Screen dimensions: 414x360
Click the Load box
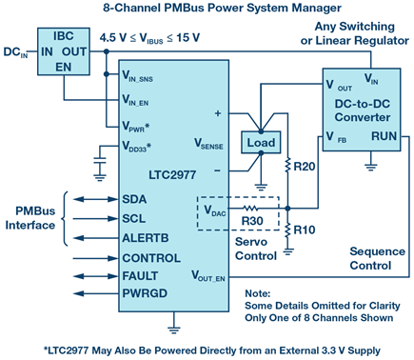click(x=261, y=143)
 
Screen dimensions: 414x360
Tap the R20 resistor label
click(x=305, y=167)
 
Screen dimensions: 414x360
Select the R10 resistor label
click(x=305, y=230)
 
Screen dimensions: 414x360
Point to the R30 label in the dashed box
click(x=252, y=221)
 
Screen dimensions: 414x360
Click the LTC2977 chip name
click(x=172, y=175)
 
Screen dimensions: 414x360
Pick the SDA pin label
click(x=134, y=199)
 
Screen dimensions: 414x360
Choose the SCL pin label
click(x=134, y=219)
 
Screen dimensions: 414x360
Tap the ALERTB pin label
click(x=146, y=238)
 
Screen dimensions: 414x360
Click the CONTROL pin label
click(x=151, y=258)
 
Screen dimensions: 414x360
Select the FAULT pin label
click(x=140, y=276)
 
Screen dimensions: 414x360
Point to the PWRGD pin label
click(x=145, y=293)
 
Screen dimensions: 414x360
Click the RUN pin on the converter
click(x=384, y=136)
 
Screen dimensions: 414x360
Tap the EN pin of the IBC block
click(x=64, y=68)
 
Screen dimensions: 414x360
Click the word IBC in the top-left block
click(x=64, y=36)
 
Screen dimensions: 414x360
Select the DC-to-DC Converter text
click(x=363, y=110)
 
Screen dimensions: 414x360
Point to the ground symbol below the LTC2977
click(x=173, y=330)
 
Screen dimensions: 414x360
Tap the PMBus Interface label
click(x=30, y=218)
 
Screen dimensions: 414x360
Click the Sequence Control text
click(x=377, y=258)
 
